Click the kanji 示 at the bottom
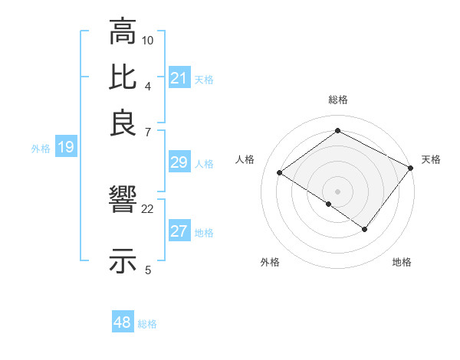pos(123,260)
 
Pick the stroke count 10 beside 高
pos(148,40)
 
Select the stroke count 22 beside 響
pos(148,208)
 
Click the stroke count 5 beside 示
pos(148,269)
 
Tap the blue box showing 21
pos(179,78)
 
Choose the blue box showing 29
pos(179,162)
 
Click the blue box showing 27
pos(179,232)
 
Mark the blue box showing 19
pos(65,147)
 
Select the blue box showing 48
pos(123,322)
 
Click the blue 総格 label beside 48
pos(147,324)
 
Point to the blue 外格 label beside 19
pos(41,149)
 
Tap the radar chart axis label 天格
pos(431,159)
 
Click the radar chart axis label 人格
pos(245,159)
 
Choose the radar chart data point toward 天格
pos(411,169)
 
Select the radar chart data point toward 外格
pos(329,204)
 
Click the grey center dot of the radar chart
pos(337,191)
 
